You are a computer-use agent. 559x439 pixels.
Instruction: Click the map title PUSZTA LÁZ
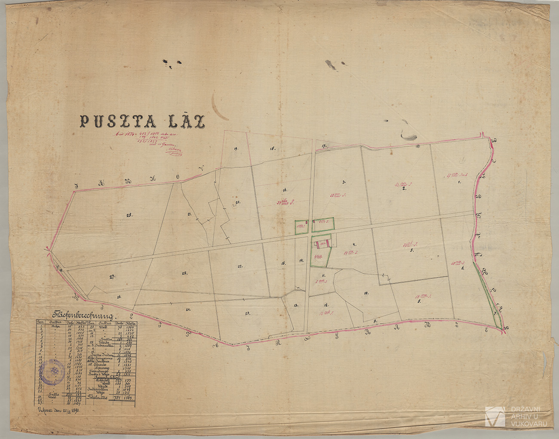142,121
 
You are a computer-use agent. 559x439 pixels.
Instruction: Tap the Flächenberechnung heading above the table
81,315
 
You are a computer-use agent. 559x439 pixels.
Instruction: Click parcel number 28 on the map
129,215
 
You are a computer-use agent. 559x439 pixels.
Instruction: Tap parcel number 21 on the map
189,214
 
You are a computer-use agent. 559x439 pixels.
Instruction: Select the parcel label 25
184,273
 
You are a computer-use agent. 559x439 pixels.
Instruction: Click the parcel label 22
240,266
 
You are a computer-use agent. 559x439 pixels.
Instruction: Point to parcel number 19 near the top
236,149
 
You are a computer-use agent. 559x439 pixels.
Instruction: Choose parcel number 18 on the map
272,149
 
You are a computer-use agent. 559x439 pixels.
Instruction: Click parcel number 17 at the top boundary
324,146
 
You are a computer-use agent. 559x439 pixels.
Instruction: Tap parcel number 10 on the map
366,294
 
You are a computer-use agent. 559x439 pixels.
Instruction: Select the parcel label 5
412,250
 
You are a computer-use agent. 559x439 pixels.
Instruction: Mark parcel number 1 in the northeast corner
459,182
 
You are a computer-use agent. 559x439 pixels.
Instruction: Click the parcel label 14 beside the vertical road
301,260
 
